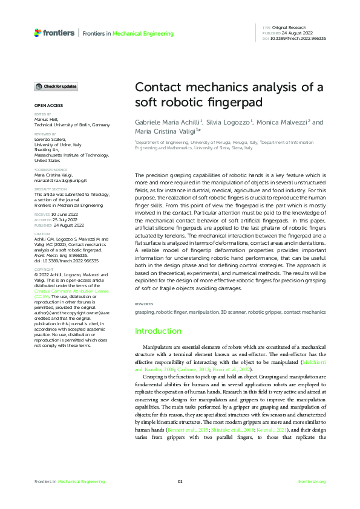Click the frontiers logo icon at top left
(38, 33)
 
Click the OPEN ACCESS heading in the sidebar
(47, 105)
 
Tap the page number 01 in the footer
(180, 481)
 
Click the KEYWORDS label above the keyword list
(144, 303)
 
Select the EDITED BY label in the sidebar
(42, 114)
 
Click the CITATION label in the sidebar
(42, 233)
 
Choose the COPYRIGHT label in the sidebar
(44, 269)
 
